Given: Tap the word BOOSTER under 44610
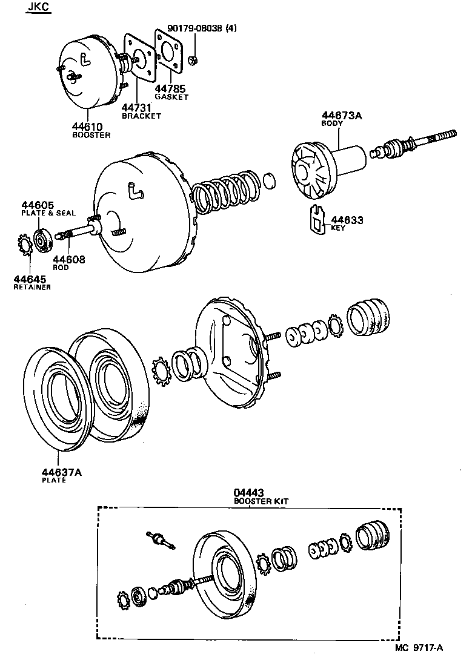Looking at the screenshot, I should pos(91,135).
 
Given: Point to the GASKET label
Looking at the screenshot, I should pos(171,97).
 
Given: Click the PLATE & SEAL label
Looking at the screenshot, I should pos(48,213).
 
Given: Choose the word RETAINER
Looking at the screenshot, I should pos(32,287).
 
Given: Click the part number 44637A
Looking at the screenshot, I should pos(61,473).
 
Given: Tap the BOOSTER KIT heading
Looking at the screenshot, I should pos(261,501).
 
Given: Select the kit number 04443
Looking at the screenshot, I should pos(250,493).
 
